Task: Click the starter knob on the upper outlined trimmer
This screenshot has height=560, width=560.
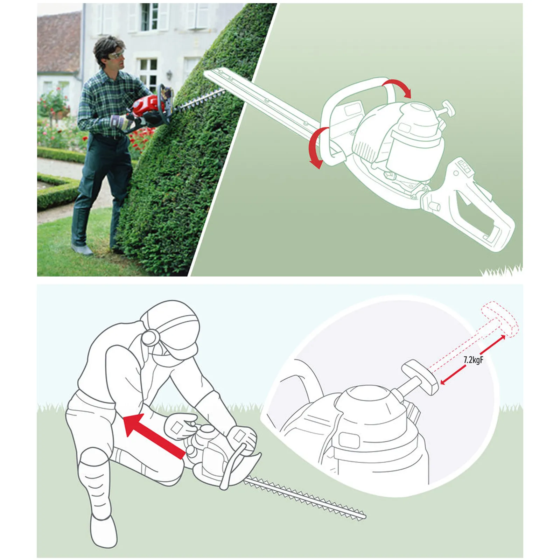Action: coord(448,107)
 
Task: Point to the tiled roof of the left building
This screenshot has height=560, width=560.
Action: coord(58,42)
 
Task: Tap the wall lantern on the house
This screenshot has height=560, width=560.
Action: coord(170,74)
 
